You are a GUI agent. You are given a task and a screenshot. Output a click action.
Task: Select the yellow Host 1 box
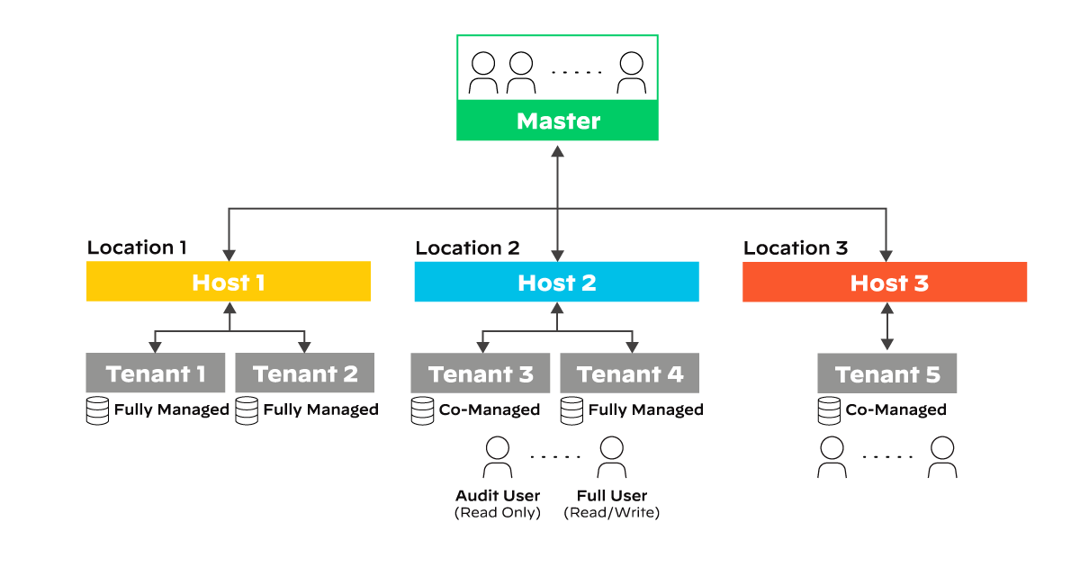pos(229,282)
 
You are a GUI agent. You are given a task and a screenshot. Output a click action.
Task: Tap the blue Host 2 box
pos(556,282)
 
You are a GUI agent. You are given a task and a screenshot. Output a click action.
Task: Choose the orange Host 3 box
pos(885,282)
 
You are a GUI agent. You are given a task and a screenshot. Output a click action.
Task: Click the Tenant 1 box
pos(156,373)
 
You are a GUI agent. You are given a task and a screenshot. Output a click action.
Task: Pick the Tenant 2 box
pos(305,373)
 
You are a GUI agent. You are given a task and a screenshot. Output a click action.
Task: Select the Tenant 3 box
pos(481,373)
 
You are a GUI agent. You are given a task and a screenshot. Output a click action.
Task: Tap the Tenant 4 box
pos(630,373)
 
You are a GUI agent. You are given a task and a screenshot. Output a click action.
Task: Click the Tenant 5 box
pos(887,373)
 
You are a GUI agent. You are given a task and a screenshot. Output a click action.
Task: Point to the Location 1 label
pos(138,247)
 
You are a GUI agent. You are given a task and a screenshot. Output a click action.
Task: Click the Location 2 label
pos(467,247)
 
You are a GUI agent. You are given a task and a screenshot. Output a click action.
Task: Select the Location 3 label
pos(796,247)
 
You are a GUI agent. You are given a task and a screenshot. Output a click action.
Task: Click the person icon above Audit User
pos(498,457)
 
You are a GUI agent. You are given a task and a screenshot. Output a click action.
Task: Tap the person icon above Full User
pos(611,457)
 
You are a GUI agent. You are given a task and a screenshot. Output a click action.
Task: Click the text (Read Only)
pos(498,513)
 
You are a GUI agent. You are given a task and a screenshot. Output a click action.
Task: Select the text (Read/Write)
pos(612,513)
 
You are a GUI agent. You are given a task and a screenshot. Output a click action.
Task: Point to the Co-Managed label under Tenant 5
pos(895,410)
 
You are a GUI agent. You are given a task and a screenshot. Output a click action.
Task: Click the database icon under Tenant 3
pos(422,411)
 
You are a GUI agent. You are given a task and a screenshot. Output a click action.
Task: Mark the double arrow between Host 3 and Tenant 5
pos(887,327)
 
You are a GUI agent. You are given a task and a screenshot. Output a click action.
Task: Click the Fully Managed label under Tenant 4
pos(645,410)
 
